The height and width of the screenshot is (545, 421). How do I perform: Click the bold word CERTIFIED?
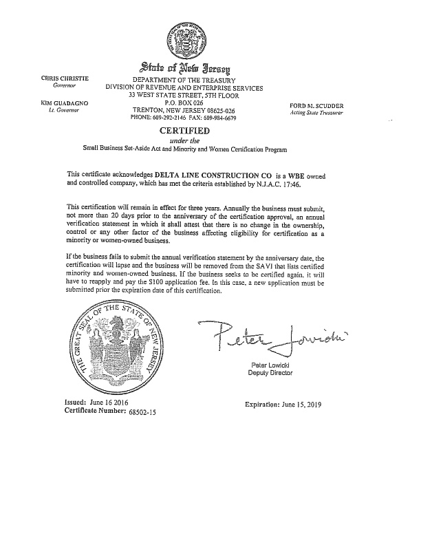[184, 131]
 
